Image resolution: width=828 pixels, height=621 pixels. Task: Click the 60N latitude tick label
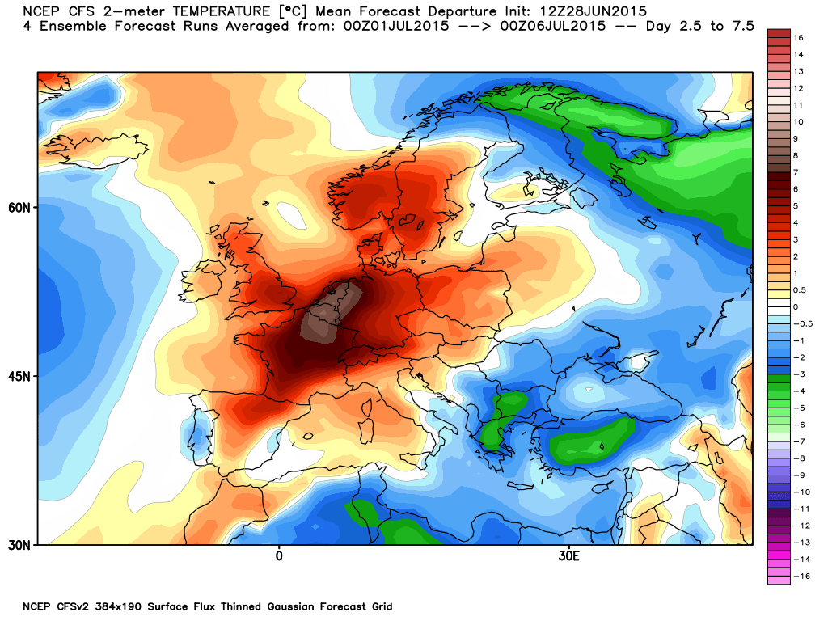pos(19,208)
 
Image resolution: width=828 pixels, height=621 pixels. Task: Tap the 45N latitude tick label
pos(19,377)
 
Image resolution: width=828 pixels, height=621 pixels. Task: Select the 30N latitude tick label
pos(19,545)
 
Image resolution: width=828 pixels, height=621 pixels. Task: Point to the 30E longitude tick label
pos(568,556)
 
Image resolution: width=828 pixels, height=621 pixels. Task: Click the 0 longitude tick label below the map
pos(279,556)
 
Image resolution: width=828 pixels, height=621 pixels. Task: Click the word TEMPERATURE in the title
pos(222,11)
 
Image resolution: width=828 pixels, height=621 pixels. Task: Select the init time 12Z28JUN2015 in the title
pos(593,11)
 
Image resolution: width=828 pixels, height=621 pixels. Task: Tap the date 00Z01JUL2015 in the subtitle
pos(396,26)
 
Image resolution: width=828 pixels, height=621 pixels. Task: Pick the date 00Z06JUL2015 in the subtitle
pos(553,26)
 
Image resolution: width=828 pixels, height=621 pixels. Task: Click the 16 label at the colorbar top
pos(798,37)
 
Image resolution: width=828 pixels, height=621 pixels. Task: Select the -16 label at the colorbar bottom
pos(801,576)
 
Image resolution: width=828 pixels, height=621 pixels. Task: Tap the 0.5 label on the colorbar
pos(800,290)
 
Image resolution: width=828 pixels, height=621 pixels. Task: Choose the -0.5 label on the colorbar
pos(803,323)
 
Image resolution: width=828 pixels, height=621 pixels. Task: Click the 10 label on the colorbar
pos(798,121)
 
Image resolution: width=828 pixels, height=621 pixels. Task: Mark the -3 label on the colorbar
pos(799,374)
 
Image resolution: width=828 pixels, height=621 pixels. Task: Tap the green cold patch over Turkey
pos(590,441)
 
